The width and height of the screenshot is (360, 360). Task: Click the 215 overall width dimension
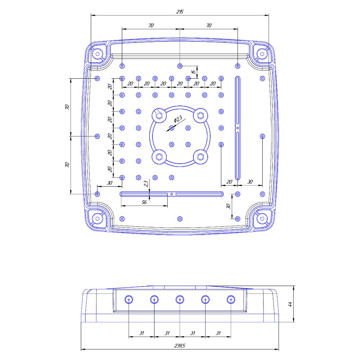pyautogui.click(x=180, y=12)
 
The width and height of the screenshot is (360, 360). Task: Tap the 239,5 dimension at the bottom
pyautogui.click(x=180, y=346)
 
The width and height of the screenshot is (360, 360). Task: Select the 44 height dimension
pyautogui.click(x=290, y=304)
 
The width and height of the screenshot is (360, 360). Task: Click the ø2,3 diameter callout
pyautogui.click(x=178, y=119)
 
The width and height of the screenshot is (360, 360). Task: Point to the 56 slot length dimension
pyautogui.click(x=144, y=202)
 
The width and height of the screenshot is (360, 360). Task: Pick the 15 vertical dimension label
pyautogui.click(x=194, y=72)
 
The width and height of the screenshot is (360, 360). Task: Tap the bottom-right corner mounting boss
pyautogui.click(x=262, y=219)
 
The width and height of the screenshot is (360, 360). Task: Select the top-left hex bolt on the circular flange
pyautogui.click(x=159, y=116)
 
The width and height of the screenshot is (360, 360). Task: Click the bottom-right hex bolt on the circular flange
pyautogui.click(x=201, y=157)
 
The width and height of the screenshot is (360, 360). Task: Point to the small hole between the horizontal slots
pyautogui.click(x=171, y=194)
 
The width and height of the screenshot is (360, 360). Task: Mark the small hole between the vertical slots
pyautogui.click(x=238, y=128)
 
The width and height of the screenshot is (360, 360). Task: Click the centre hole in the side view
pyautogui.click(x=180, y=300)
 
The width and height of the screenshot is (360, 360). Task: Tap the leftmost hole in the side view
pyautogui.click(x=129, y=300)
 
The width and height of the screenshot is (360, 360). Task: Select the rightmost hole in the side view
pyautogui.click(x=231, y=300)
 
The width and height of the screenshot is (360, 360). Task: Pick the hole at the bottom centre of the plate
pyautogui.click(x=180, y=219)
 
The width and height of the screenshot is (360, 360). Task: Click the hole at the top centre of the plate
pyautogui.click(x=180, y=66)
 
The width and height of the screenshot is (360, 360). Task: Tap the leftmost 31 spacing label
pyautogui.click(x=141, y=333)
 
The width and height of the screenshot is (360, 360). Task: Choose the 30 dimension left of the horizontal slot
pyautogui.click(x=110, y=183)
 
